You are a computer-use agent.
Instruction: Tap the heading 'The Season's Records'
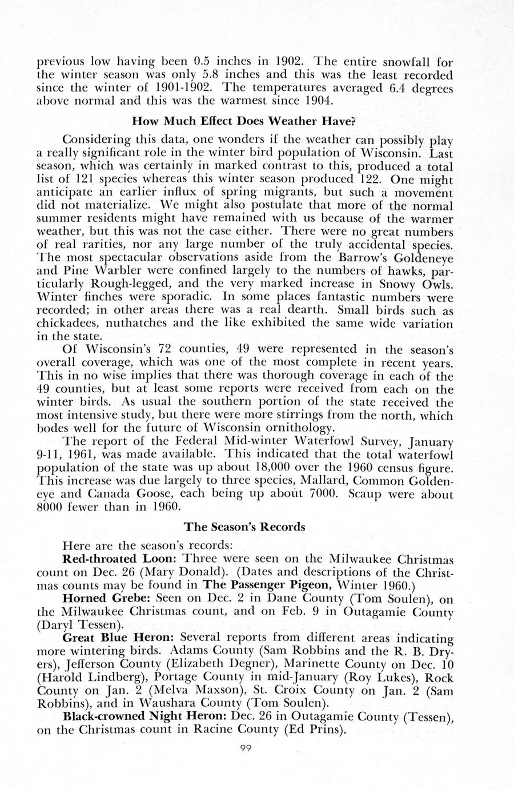(x=244, y=527)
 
